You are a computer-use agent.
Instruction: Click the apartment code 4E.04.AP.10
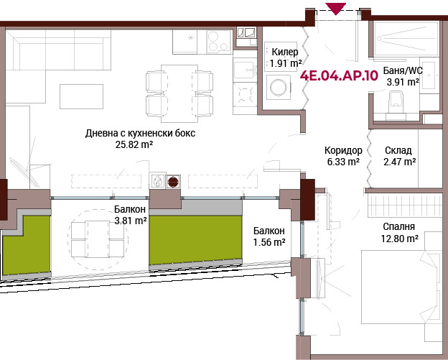pos(339,76)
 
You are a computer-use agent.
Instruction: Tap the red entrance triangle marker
pos(336,9)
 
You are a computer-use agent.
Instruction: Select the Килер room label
pos(285,52)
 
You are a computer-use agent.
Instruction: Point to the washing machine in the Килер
pos(279,87)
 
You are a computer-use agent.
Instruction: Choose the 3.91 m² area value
pos(403,83)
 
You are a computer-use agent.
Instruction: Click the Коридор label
pos(343,150)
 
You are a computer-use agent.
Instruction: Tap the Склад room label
pos(398,150)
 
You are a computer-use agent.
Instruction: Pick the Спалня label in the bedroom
pos(398,227)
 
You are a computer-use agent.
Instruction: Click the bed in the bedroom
pos(400,287)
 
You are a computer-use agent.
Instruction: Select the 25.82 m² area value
pos(134,144)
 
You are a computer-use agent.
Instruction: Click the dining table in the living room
pos(179,93)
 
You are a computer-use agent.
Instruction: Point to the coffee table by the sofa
pos(81,96)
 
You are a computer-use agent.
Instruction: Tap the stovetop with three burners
pos(218,42)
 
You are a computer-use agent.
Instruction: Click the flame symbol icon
pos(158,181)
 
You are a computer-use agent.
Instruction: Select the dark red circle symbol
pos(173,182)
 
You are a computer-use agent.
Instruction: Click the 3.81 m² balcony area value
pos(131,221)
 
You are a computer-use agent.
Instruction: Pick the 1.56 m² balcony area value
pos(269,242)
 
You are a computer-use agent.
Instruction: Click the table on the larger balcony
pos(98,239)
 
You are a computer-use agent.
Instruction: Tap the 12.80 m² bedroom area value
pos(400,238)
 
